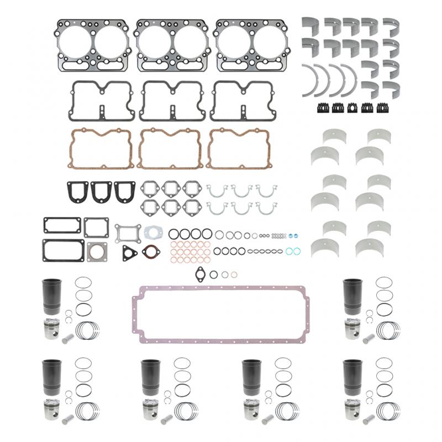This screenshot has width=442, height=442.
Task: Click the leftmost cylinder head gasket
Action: click(93, 46)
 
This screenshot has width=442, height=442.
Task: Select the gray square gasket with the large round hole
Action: click(97, 251)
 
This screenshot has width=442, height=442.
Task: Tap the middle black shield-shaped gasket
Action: click(101, 192)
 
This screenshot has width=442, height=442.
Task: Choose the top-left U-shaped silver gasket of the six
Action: click(217, 191)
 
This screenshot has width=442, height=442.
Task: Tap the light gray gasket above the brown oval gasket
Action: click(151, 232)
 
